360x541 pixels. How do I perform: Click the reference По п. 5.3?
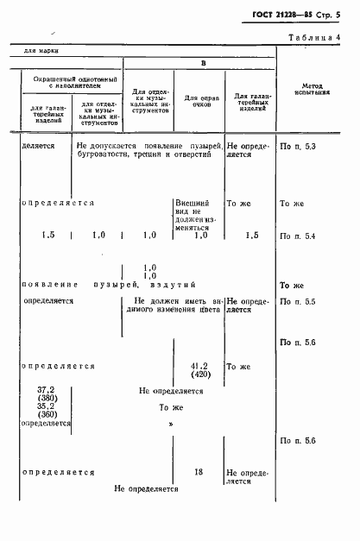[x=299, y=148]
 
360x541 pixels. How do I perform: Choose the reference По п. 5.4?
[x=299, y=236]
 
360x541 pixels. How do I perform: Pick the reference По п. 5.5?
[x=299, y=302]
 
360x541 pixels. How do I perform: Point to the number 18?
[x=199, y=473]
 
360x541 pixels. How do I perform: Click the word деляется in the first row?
[x=39, y=147]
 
